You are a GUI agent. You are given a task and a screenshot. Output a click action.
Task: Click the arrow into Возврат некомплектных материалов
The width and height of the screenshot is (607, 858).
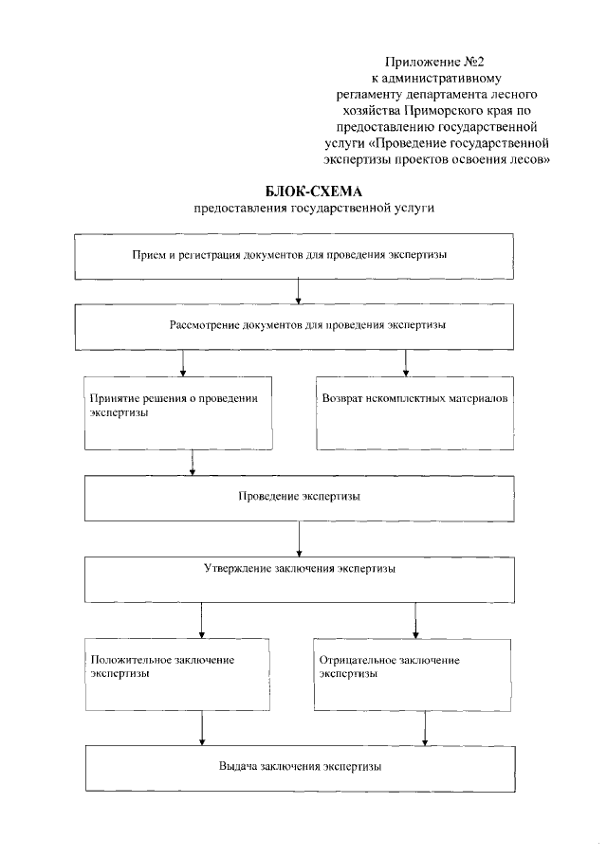pos(406,363)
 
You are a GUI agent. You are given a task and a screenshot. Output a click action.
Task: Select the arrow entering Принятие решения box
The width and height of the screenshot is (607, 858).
pos(182,363)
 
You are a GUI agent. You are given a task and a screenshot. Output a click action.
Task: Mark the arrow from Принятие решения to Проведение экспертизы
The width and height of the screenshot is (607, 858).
pos(193,462)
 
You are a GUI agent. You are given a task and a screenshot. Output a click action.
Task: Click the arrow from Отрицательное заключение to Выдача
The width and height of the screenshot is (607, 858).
pos(424,727)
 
